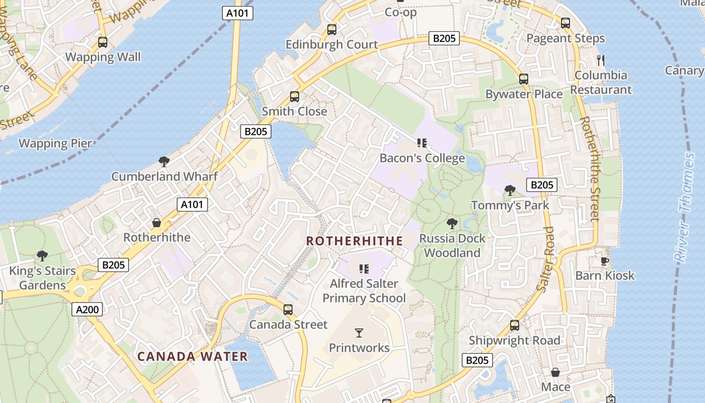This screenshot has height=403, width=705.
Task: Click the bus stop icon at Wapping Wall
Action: tap(103, 42)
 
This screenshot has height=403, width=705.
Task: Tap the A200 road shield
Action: tap(87, 309)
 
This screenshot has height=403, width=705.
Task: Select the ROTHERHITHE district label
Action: tap(355, 241)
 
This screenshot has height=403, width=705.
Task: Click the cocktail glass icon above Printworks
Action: tap(359, 332)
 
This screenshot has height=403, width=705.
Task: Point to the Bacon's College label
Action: tap(422, 158)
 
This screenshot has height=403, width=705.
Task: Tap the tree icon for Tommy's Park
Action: tap(510, 190)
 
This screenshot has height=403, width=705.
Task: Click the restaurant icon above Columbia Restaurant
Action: tap(600, 60)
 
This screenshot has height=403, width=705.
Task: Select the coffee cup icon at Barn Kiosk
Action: tap(605, 261)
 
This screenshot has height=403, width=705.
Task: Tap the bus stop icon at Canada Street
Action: tap(288, 310)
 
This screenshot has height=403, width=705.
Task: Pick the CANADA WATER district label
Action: tap(193, 357)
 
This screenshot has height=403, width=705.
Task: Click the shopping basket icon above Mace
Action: tap(555, 372)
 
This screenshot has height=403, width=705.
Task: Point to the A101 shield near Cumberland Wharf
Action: tap(192, 204)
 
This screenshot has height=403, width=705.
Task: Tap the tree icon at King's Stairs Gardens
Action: tap(42, 256)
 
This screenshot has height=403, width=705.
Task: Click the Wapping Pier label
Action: tap(55, 144)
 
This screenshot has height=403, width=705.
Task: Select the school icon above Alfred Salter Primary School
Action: tap(364, 268)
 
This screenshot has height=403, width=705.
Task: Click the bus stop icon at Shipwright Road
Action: tap(515, 325)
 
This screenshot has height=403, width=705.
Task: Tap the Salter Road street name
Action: tap(545, 259)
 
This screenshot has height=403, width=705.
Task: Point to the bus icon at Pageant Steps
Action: tap(566, 23)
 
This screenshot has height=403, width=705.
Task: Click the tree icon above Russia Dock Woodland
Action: tap(452, 223)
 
